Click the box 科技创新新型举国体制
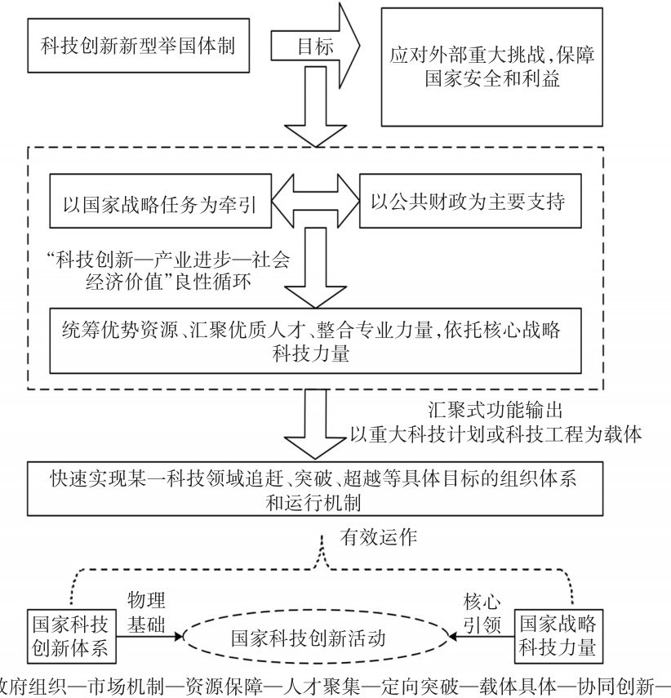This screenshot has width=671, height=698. (138, 46)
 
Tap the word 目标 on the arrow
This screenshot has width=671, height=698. (313, 47)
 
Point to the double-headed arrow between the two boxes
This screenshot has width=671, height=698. (313, 201)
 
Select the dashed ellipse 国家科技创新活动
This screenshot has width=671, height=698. (319, 638)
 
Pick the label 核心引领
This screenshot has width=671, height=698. (482, 613)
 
